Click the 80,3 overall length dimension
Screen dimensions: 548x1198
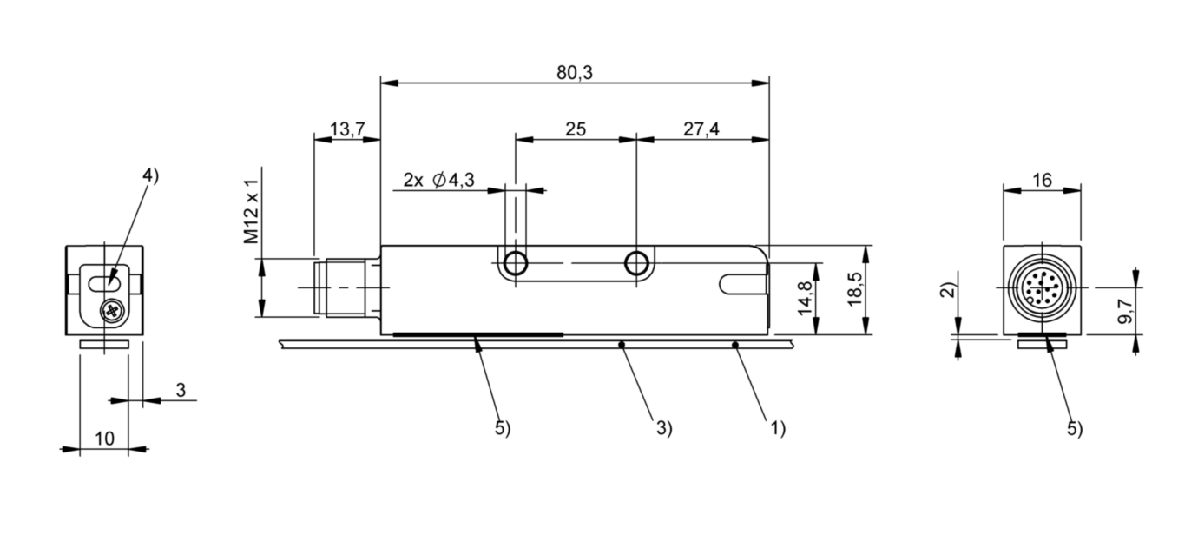pos(574,73)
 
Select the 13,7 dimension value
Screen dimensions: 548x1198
pos(346,129)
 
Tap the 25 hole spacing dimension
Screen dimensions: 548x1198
pos(575,129)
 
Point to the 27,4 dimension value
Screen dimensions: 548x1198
pos(701,129)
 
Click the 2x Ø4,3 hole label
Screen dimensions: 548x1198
pos(438,181)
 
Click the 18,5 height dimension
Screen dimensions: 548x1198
pos(855,290)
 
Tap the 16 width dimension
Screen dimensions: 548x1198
pos(1043,180)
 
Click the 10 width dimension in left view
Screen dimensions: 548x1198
pos(103,440)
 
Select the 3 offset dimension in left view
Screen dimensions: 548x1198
pos(180,391)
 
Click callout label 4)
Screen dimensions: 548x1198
pos(151,175)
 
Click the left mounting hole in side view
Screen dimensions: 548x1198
pos(516,263)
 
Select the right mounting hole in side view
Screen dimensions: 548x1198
pos(637,263)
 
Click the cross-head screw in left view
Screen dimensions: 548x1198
pos(112,309)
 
